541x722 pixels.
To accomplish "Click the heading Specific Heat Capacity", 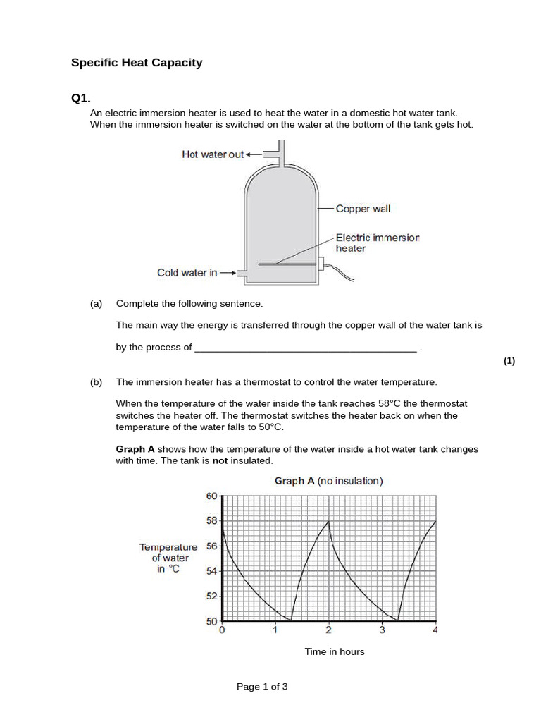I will click(x=137, y=63).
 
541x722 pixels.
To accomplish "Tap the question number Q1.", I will click(x=81, y=99).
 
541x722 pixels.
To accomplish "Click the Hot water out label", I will click(x=213, y=154).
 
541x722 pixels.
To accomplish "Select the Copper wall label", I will click(x=363, y=209).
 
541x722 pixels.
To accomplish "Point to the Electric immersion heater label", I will click(x=377, y=243).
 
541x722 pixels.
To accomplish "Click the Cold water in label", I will click(x=187, y=273).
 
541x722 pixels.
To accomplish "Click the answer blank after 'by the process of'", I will click(x=305, y=348).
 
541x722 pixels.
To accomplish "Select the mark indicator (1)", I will click(x=509, y=361).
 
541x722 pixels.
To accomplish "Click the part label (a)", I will click(x=97, y=304).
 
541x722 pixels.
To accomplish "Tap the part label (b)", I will click(x=97, y=382).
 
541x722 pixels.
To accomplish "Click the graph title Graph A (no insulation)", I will click(x=328, y=481).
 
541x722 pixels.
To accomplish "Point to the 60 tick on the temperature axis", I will click(x=211, y=496).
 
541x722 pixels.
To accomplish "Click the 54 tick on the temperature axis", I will click(x=211, y=571).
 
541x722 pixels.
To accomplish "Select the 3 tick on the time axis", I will click(x=382, y=630).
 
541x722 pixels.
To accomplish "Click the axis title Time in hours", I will click(x=335, y=651).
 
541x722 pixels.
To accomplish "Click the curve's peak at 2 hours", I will click(x=328, y=521).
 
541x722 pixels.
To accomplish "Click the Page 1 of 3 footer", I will click(x=262, y=687).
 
